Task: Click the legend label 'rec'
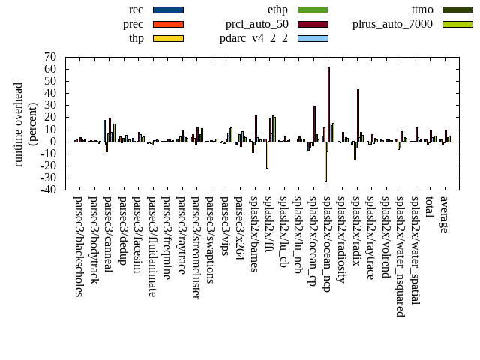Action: click(x=136, y=10)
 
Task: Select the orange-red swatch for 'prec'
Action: click(x=168, y=24)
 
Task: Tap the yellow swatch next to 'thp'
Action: click(x=168, y=38)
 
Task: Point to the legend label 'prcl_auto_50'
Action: click(x=257, y=24)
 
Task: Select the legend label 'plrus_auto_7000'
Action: click(x=392, y=24)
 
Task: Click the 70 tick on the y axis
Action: click(x=51, y=57)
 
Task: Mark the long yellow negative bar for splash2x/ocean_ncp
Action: click(x=325, y=161)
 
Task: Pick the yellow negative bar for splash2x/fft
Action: click(x=267, y=154)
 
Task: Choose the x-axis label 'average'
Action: click(x=444, y=214)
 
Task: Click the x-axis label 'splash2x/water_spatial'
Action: click(x=415, y=250)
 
